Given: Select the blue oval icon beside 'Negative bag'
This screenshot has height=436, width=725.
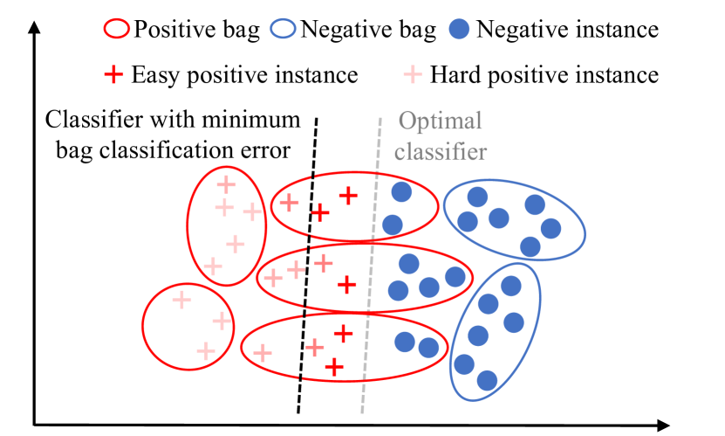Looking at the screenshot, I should (284, 30).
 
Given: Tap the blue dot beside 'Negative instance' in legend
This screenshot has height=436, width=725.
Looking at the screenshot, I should (464, 30).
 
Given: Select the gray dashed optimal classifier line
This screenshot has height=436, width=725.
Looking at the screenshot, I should (372, 262).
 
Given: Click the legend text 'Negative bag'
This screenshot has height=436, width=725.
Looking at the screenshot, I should (367, 30).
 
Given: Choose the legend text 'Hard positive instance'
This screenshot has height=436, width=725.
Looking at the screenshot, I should (544, 75).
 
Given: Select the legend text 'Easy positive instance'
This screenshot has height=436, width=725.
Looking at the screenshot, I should (244, 75).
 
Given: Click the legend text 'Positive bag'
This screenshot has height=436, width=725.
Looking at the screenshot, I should (196, 30).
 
